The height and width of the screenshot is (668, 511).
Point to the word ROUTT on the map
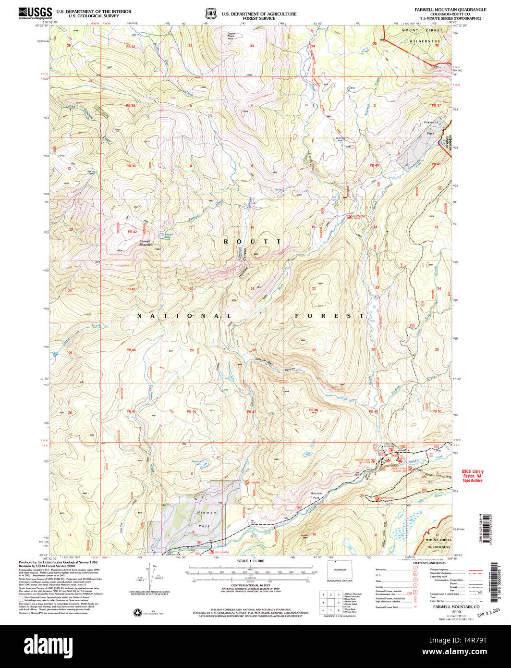point(252,241)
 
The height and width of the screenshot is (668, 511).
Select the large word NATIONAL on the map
point(185,316)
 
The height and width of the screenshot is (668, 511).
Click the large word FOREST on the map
point(329,316)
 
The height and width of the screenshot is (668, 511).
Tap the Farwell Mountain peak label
point(146,243)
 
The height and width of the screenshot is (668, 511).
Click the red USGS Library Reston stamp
point(472,475)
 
